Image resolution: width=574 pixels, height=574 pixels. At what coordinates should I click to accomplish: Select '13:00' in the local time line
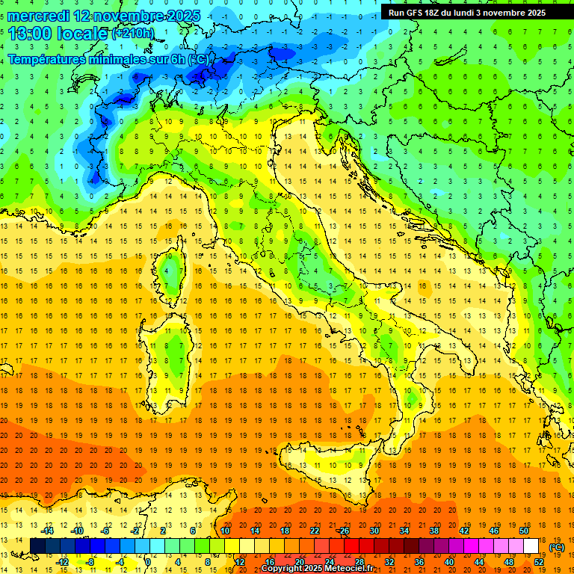coord(31,34)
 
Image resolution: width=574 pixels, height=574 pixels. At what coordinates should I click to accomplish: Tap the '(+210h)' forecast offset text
coord(133,34)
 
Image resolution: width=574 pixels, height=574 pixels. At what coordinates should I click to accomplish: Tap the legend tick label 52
coord(539,561)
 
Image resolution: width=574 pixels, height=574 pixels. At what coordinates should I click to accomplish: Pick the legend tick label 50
coord(524,530)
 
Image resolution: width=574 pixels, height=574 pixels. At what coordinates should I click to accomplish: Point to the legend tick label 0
coord(148,561)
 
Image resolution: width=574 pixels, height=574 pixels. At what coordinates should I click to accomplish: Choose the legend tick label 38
coord(434,530)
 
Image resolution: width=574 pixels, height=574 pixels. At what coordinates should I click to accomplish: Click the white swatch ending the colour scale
coord(531,546)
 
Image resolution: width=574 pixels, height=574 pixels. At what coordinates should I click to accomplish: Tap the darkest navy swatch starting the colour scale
coord(38,546)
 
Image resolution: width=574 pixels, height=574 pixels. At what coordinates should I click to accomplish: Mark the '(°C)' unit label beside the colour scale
coord(556,547)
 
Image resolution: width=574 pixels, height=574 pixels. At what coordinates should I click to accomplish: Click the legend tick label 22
coord(315,530)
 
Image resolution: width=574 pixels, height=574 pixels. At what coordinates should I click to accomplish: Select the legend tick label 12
coord(240,561)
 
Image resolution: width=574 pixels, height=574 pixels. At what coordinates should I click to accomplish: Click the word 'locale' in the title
coord(84,34)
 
